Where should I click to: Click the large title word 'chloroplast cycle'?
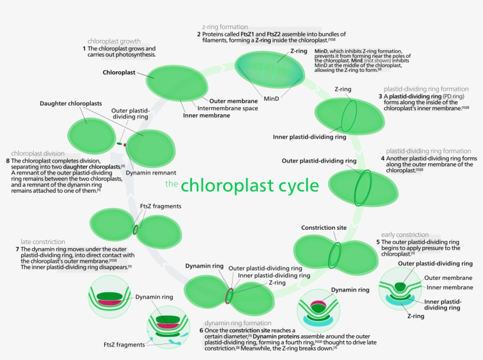point(250,186)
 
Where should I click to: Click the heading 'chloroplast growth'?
point(114,41)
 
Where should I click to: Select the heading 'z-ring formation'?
point(224,27)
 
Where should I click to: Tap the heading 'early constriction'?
point(405,235)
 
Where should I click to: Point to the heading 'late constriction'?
point(42,242)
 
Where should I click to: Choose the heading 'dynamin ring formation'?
point(239,323)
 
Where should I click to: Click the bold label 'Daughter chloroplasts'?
point(70,104)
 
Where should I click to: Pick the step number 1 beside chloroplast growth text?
point(84,48)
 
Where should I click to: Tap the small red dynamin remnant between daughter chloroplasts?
point(125,144)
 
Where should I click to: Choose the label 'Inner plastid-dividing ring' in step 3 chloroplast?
point(309,137)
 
